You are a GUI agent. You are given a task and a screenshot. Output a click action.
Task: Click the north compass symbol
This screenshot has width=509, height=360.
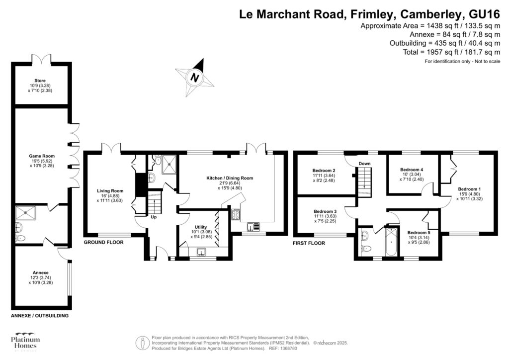coord(194,78)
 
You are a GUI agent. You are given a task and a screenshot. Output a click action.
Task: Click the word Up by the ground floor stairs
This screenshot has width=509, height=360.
coord(155,217)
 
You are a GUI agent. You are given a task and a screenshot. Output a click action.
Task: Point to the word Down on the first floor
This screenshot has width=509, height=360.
coord(365,163)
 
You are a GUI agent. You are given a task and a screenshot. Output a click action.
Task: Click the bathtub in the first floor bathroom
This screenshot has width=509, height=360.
coord(392,242)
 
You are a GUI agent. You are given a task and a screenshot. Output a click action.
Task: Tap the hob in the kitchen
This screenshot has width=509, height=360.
coord(235,215)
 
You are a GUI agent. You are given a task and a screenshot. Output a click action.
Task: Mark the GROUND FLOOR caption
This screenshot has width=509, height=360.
coord(103,243)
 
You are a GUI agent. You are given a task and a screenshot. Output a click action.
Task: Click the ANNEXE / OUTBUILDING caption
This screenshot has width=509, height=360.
coord(40,316)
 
